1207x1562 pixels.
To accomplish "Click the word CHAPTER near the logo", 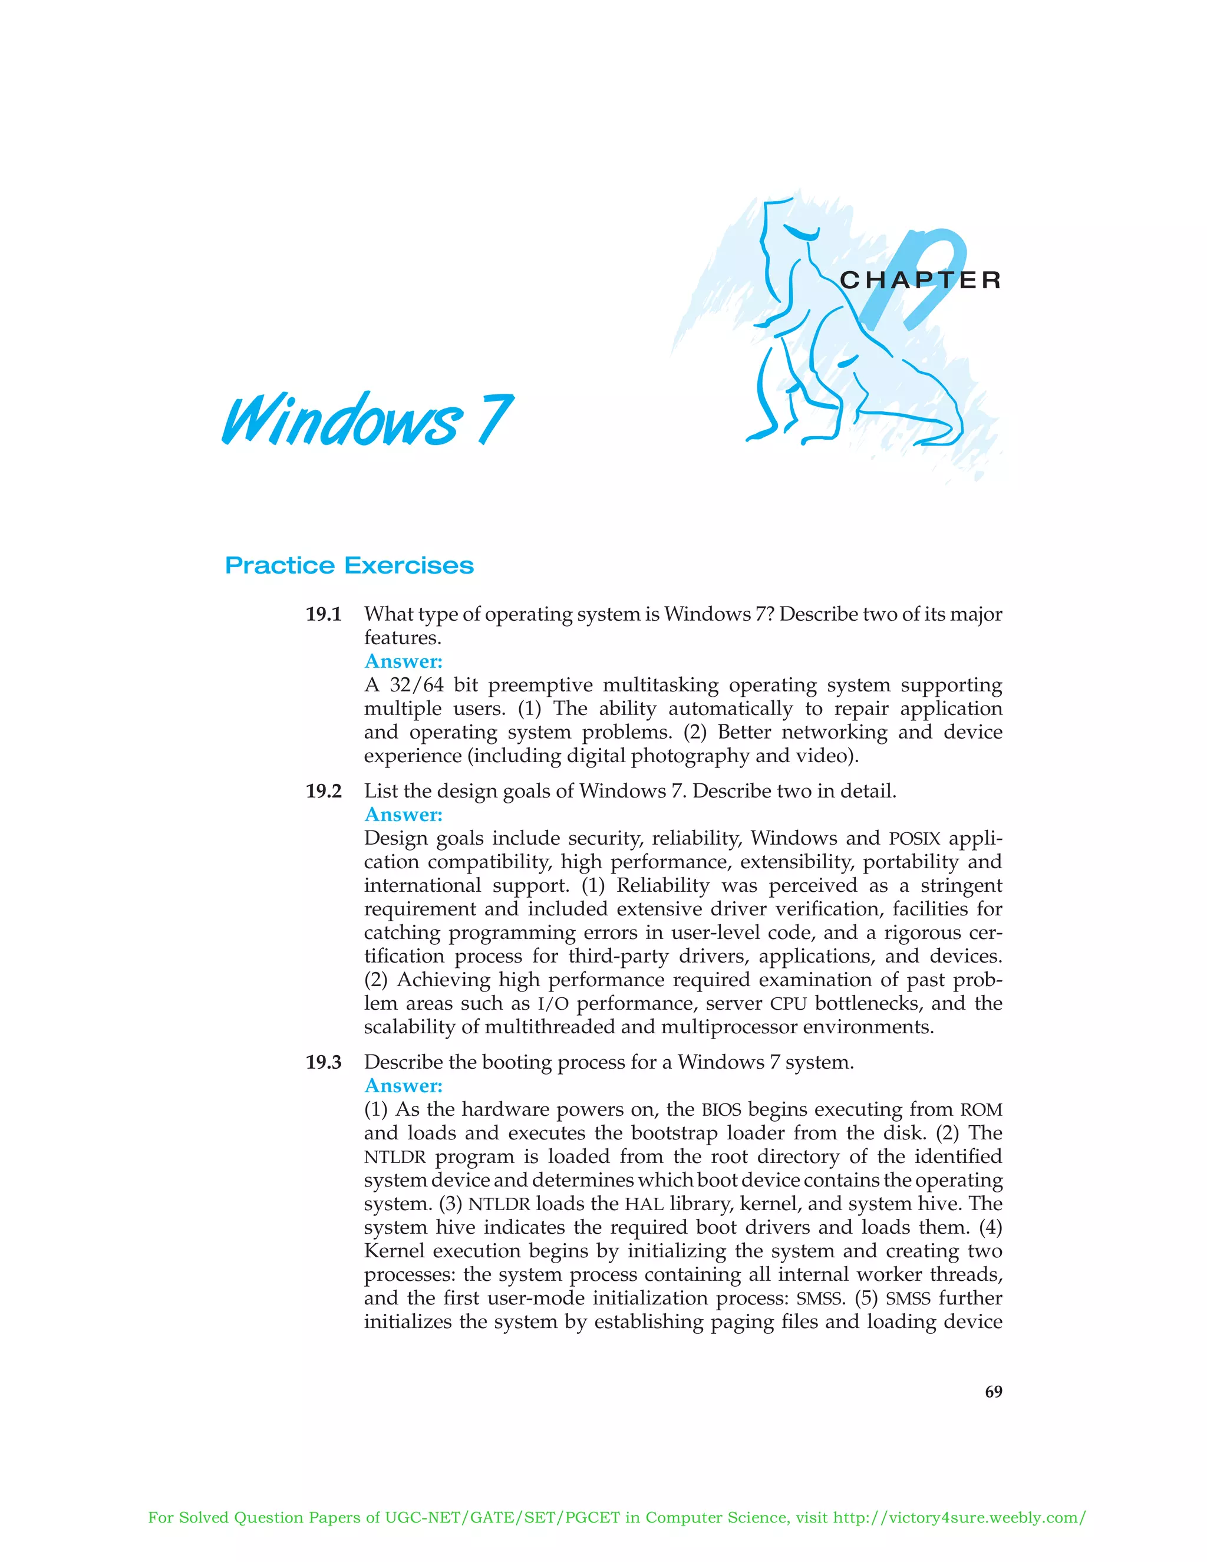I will tap(920, 281).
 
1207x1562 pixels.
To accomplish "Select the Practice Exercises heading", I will tap(349, 566).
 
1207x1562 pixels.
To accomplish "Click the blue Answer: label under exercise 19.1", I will tap(403, 661).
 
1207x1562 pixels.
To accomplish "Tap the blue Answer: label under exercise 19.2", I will tap(403, 815).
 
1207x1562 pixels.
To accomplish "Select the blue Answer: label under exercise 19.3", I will tap(403, 1086).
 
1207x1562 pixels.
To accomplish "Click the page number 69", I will tap(993, 1392).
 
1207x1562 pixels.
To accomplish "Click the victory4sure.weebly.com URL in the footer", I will tap(959, 1517).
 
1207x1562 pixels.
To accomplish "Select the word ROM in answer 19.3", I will tap(981, 1110).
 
